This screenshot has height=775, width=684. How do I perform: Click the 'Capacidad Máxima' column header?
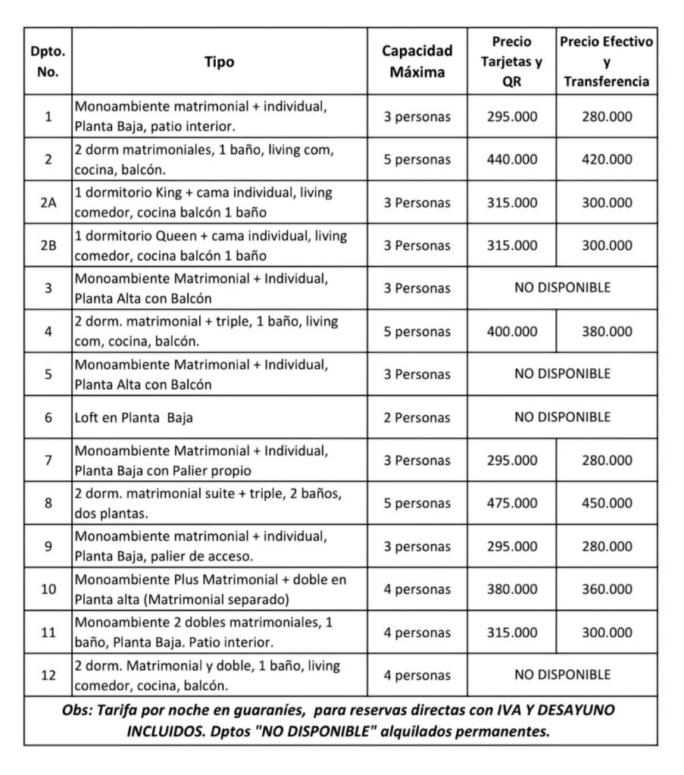click(417, 61)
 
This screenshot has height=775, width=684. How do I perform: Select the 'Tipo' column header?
click(220, 62)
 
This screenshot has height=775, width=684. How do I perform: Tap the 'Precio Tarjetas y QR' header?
click(511, 61)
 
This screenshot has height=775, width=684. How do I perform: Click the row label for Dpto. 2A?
click(48, 203)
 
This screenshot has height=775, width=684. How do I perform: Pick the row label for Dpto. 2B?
click(48, 245)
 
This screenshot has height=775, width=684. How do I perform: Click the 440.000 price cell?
click(511, 160)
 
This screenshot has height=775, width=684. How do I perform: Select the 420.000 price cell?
click(606, 160)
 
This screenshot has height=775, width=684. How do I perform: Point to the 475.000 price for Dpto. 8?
click(511, 503)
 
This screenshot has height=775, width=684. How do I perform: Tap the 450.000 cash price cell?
click(606, 503)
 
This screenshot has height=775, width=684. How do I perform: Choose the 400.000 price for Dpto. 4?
click(511, 332)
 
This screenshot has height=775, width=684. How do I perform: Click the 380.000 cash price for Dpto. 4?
click(606, 332)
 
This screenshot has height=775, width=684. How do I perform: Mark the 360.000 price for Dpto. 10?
click(606, 589)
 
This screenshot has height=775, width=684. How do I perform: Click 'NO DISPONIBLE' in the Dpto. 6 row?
click(562, 417)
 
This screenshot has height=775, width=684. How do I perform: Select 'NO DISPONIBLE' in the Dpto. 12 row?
click(562, 674)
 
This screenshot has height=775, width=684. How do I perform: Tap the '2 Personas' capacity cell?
click(417, 417)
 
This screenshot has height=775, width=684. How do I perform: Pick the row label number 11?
click(48, 633)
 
